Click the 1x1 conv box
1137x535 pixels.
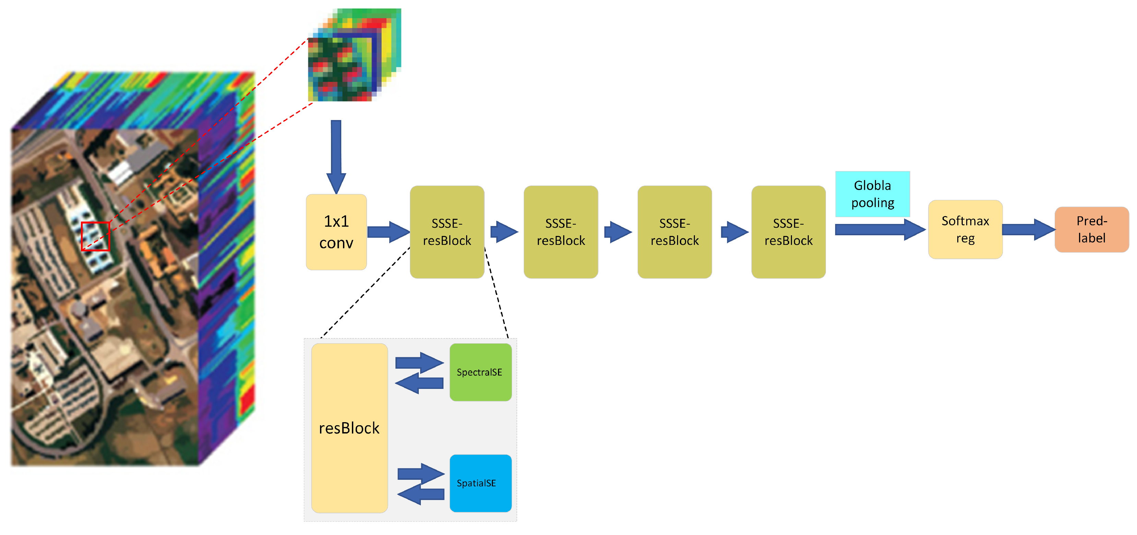(x=336, y=232)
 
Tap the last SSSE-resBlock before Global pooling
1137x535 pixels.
(x=788, y=232)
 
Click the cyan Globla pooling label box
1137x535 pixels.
(x=873, y=194)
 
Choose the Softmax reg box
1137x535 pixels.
(x=965, y=229)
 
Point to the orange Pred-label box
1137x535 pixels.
(x=1091, y=229)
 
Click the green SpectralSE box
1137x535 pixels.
(x=480, y=372)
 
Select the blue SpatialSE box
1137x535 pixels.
(x=480, y=483)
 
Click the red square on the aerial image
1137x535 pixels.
(x=95, y=236)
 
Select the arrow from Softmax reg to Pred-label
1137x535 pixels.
(x=1028, y=229)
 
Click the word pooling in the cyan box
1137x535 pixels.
(x=873, y=203)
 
